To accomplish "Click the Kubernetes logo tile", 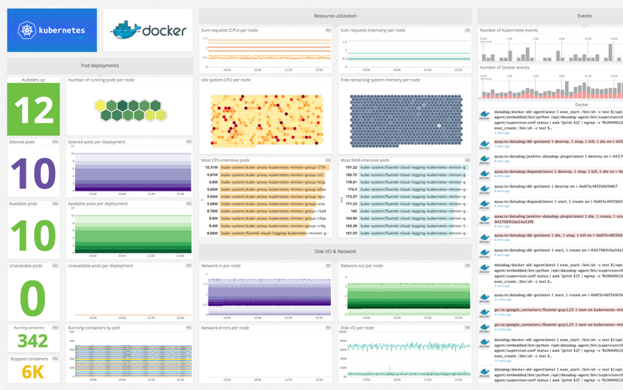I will coord(52,30).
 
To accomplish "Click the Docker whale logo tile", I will coord(148,30).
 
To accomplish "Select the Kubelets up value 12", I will coord(33,109).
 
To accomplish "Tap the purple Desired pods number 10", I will coord(33,173).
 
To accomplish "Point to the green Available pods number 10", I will coord(33,234).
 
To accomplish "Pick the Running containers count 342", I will coord(33,340).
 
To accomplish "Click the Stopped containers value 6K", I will coord(33,373).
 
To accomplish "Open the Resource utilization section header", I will coord(335,16).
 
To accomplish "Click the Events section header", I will coord(584,16).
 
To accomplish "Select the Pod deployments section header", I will coord(100,66).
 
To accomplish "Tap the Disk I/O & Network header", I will coord(335,251).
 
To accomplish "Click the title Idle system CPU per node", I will coord(225,80).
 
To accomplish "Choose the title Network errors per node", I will coord(225,328).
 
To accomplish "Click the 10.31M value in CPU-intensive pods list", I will coord(211,167).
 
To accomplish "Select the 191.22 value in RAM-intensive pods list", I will coord(351,167).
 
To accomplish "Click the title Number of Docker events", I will coord(504,67).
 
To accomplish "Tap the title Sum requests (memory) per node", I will coord(373,30).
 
